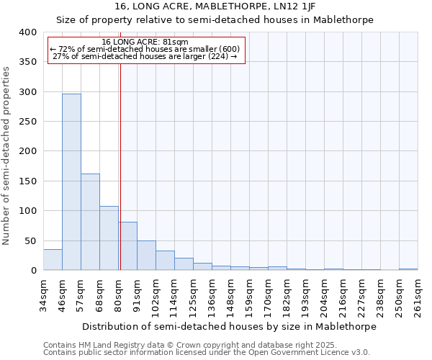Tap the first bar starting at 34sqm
coord(53,260)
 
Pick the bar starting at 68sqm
coord(109,238)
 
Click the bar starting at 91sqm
coord(146,256)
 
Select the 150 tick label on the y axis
coord(27,181)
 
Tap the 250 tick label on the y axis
coord(27,122)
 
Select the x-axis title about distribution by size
coord(229,326)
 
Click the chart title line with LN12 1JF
coord(215,6)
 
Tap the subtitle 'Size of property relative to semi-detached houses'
coord(215,20)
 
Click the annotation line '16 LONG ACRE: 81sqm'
coord(145,42)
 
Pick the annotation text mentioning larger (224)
coord(145,56)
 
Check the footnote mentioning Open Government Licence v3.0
coord(207,353)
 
